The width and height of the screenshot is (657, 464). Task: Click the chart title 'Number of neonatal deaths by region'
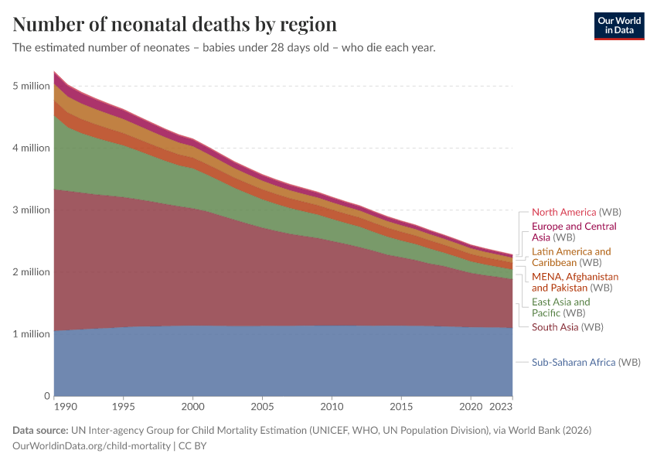(175, 24)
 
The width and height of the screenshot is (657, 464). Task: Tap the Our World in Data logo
(618, 26)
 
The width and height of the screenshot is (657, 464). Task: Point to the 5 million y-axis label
(31, 86)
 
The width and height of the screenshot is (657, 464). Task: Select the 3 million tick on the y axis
(31, 210)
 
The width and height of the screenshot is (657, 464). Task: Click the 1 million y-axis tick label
(31, 334)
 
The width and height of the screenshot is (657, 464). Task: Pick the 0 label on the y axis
(46, 396)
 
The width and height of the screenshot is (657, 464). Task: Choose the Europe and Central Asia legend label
(574, 232)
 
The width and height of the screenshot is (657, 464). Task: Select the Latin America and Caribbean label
(570, 257)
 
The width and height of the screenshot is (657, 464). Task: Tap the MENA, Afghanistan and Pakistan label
(574, 281)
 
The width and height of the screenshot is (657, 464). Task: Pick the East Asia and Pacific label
(560, 307)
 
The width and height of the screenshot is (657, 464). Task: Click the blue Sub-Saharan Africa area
(278, 363)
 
